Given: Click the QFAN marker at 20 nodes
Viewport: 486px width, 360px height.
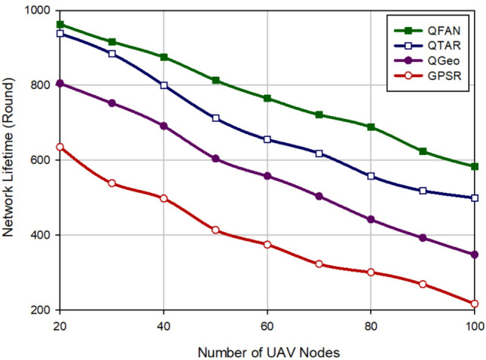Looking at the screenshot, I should (60, 24).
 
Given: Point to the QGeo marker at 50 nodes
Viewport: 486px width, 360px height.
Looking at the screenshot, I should (215, 159).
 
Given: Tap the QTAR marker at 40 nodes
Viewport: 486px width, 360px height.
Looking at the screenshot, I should (164, 85).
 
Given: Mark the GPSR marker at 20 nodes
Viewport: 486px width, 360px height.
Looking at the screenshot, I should (60, 147).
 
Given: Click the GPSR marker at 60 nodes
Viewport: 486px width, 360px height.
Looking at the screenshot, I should (267, 245).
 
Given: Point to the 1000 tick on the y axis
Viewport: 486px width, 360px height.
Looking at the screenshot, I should (35, 11).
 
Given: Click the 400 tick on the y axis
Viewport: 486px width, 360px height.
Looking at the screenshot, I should (38, 235).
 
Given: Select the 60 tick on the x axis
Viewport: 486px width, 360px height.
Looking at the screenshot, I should (267, 325).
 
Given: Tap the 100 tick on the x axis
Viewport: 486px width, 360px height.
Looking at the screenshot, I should (473, 325).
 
